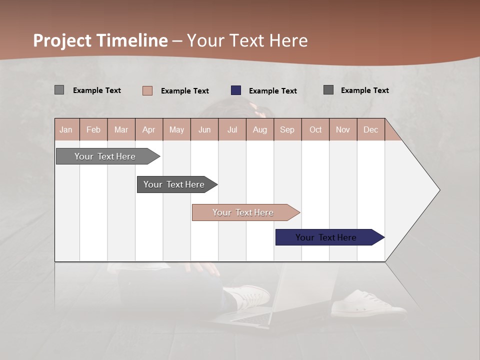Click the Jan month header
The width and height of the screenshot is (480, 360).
click(x=66, y=129)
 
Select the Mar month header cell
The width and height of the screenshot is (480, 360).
click(x=121, y=129)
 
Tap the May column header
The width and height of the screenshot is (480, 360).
click(x=176, y=129)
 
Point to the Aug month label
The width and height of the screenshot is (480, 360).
click(x=259, y=129)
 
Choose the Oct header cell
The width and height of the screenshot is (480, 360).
click(x=315, y=129)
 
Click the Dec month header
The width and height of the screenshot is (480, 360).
click(x=370, y=129)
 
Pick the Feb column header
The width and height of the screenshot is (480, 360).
click(x=93, y=129)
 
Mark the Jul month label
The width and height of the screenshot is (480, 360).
click(x=232, y=129)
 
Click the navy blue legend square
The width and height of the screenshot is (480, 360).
click(x=236, y=90)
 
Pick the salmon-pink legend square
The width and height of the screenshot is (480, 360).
click(x=147, y=90)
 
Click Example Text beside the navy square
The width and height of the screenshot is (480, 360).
click(x=272, y=91)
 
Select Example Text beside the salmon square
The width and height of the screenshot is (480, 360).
click(x=184, y=91)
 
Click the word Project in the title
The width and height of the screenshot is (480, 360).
click(x=62, y=40)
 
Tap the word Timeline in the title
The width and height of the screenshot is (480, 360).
click(x=132, y=40)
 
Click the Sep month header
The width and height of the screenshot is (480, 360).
click(x=287, y=129)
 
